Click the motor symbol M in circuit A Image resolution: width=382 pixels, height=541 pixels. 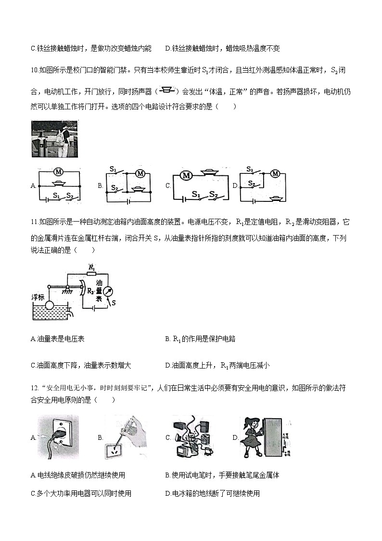point(58,172)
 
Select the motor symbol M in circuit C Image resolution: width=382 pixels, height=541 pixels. point(186,176)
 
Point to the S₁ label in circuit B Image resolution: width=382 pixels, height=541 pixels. point(114,169)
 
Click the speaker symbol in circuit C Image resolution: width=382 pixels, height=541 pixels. point(208,172)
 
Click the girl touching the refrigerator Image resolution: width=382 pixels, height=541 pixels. point(251,436)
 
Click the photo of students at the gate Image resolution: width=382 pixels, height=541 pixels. point(54,139)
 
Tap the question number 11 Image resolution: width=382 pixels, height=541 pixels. point(34,222)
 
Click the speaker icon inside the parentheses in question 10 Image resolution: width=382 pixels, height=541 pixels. point(167,90)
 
